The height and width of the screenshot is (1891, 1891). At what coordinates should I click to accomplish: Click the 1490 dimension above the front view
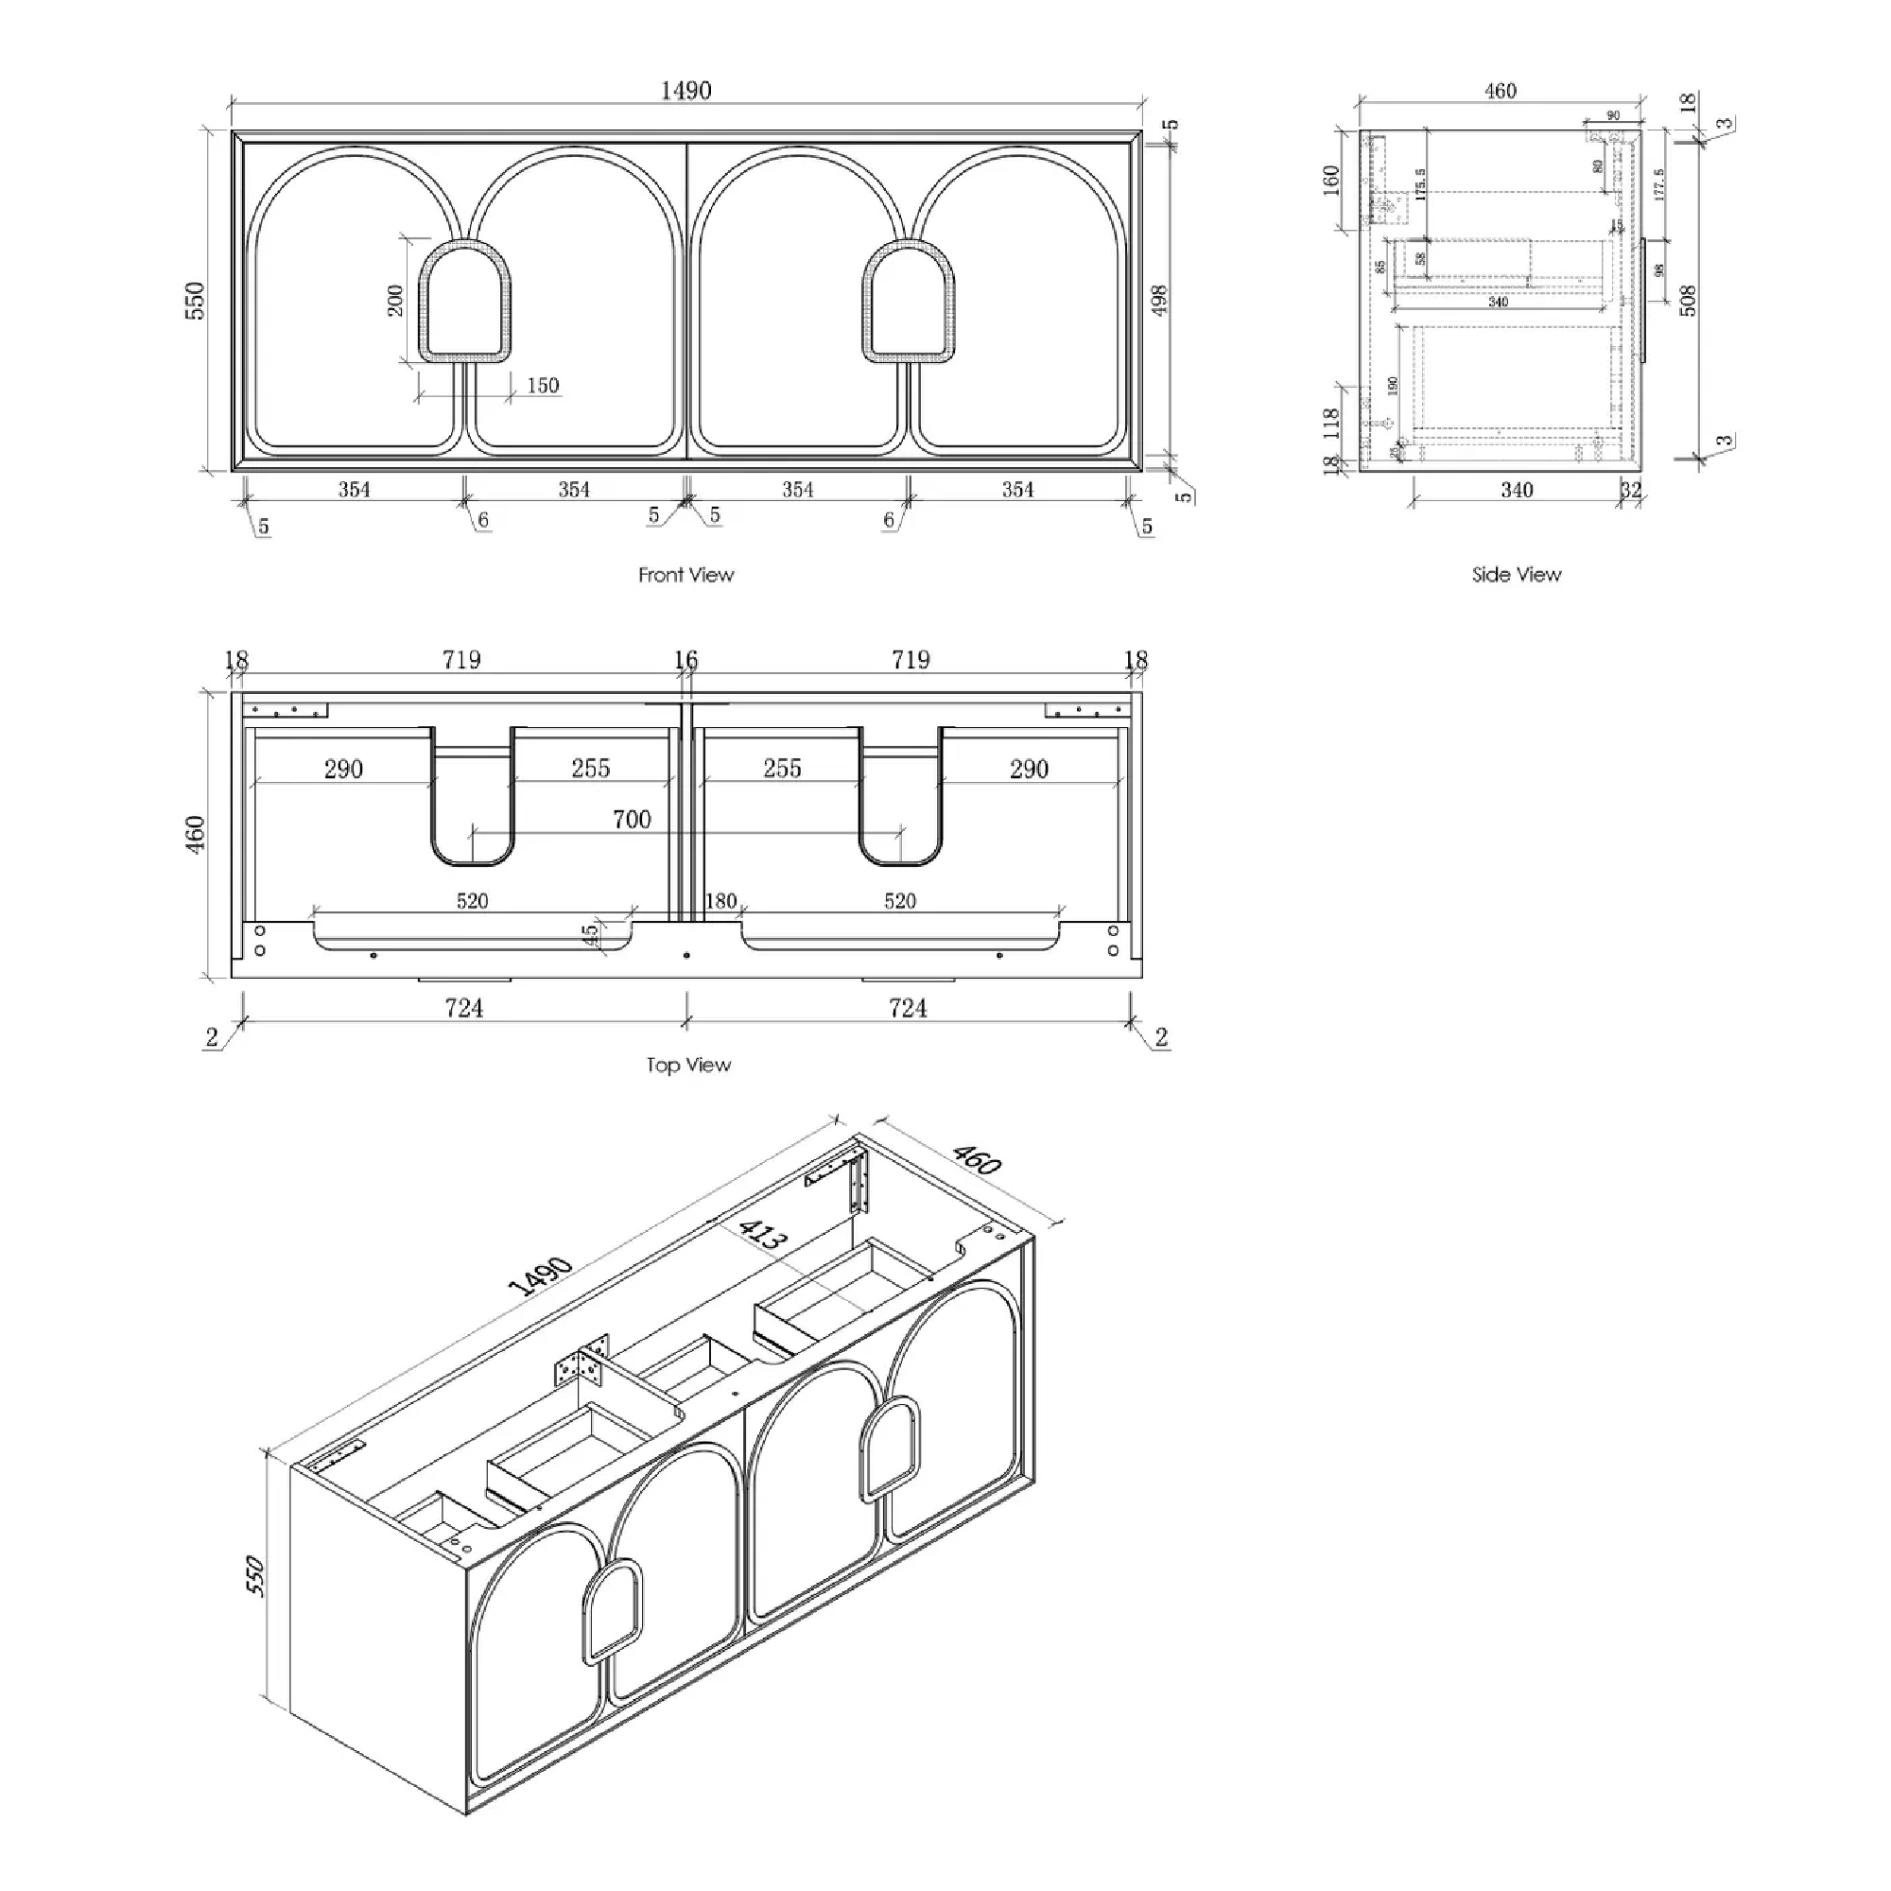685,90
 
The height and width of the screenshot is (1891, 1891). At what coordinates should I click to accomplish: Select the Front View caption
685,575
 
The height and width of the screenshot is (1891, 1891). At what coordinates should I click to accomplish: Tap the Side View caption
1517,575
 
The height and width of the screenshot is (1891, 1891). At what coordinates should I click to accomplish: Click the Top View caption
688,1065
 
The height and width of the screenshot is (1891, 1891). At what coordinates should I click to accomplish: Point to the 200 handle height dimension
394,300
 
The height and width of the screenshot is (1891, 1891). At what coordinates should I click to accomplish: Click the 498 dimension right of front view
1159,300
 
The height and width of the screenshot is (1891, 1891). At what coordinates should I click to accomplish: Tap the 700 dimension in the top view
632,819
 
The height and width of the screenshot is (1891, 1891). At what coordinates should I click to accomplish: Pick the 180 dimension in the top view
720,900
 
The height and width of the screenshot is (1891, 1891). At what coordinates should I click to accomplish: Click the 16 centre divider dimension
686,660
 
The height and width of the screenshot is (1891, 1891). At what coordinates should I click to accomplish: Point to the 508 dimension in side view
1688,300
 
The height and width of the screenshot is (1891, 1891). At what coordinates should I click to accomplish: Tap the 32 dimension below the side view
1631,490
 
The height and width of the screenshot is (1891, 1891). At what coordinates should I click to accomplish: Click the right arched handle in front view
909,304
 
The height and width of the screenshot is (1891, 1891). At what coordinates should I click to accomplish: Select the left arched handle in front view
465,304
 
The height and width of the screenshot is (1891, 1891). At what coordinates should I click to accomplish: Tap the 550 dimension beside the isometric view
254,1576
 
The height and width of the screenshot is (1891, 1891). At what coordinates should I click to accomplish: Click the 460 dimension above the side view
1500,91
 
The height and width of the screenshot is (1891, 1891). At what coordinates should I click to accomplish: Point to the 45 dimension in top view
590,935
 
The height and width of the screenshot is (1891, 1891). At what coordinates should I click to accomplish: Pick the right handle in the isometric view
891,1449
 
